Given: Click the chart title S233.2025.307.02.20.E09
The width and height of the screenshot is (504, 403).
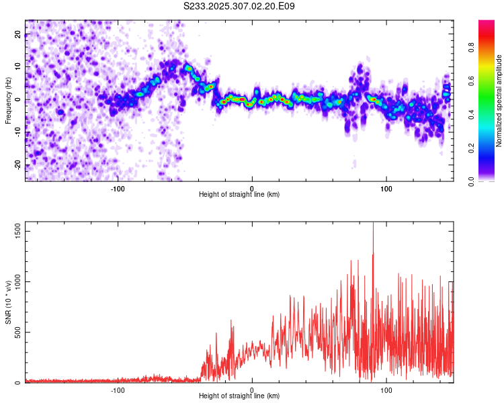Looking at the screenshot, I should (x=239, y=6).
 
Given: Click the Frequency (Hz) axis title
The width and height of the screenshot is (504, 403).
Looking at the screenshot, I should (x=8, y=101).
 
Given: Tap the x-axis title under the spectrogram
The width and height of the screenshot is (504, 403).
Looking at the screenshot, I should (x=239, y=194).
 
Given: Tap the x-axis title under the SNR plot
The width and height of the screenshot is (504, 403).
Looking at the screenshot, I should (x=239, y=396).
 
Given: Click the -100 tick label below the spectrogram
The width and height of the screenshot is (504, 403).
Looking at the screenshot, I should (x=118, y=188).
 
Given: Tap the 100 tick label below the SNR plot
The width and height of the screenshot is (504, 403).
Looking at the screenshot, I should (x=386, y=390).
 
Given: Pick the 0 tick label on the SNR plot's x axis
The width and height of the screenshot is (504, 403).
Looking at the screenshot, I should (x=252, y=390).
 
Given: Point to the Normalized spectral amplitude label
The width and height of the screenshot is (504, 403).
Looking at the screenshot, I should (x=499, y=101).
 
